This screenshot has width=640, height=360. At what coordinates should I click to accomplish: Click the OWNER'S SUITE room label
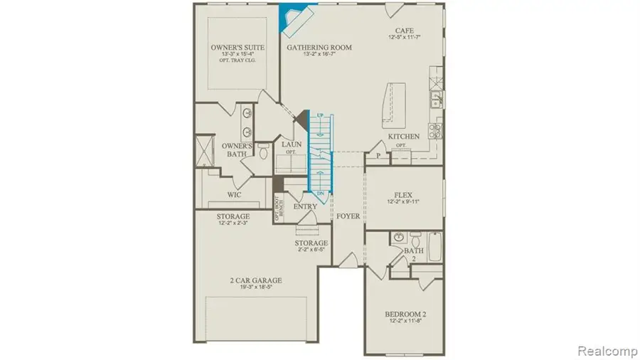tap(238, 47)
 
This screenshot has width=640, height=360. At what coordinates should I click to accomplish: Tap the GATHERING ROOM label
tap(319, 47)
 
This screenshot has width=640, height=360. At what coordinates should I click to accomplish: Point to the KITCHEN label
tap(403, 136)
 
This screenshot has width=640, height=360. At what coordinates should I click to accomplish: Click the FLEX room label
tap(404, 194)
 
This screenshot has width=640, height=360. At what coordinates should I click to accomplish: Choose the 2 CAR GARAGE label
tap(256, 280)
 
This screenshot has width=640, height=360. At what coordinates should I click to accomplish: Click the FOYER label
tap(348, 216)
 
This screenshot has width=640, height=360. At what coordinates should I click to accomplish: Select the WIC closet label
tap(235, 194)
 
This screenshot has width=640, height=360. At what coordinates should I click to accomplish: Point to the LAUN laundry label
tap(292, 144)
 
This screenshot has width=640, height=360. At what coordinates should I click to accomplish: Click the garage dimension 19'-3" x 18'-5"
tap(256, 289)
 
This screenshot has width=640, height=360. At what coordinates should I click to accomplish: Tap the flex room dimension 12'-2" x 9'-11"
tap(404, 202)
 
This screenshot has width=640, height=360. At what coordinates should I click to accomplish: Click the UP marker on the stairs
tap(320, 115)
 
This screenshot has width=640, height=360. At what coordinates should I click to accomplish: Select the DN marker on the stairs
tap(320, 194)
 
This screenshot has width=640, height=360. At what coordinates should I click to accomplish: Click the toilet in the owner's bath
tap(263, 151)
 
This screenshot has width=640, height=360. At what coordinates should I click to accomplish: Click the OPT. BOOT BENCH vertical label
tap(280, 206)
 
